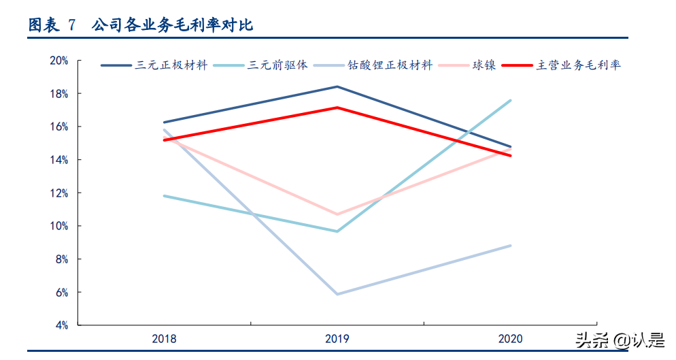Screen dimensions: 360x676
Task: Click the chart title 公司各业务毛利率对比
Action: click(172, 26)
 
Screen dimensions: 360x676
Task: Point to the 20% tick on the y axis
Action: click(59, 61)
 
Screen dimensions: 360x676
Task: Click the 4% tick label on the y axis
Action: click(61, 325)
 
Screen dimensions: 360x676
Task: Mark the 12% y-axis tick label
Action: click(59, 193)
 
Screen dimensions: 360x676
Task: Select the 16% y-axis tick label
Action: click(59, 127)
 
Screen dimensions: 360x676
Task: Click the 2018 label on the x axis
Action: click(164, 338)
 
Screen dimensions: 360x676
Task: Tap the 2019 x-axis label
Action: click(337, 338)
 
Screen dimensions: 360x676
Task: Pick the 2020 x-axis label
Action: click(511, 338)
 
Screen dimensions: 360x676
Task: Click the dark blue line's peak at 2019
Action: click(337, 86)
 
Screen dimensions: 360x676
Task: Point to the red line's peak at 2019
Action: click(337, 108)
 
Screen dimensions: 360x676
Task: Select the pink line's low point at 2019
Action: click(337, 214)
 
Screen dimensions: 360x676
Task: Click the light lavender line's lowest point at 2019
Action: click(337, 294)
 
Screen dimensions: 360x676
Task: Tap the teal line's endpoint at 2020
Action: click(511, 101)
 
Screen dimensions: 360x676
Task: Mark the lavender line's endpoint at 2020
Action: click(511, 246)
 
